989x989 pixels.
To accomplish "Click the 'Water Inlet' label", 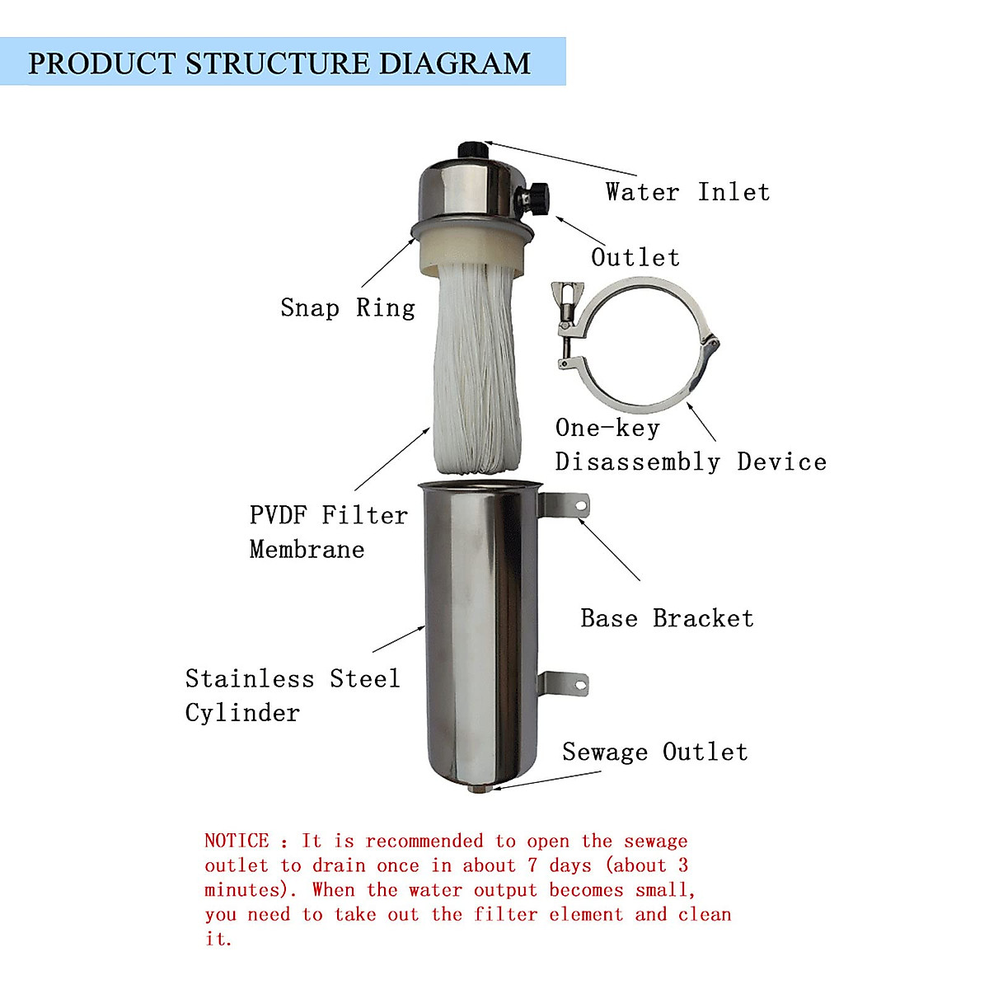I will point(687,192).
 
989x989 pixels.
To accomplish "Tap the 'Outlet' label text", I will point(635,257).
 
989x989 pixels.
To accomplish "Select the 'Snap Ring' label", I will point(347,307).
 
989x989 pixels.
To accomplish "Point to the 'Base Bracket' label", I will point(667,618).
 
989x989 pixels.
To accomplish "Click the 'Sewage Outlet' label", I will point(654,752).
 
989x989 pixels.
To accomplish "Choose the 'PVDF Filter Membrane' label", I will point(328,532).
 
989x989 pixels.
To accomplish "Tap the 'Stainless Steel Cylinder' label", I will point(292,695).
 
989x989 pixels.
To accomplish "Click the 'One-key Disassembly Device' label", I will point(690,445).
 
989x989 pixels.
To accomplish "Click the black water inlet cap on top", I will point(471,149).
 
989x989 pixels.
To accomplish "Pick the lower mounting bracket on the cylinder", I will point(565,684).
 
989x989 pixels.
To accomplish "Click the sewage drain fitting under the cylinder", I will point(478,789).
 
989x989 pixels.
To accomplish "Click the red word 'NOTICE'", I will point(237,841).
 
